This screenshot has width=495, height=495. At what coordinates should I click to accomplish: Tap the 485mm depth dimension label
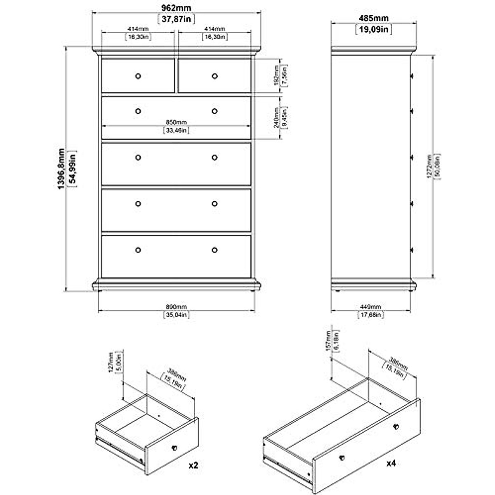[x=373, y=19]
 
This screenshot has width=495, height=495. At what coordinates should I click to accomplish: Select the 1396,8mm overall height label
[x=61, y=169]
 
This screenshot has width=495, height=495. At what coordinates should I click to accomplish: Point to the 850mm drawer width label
[x=176, y=122]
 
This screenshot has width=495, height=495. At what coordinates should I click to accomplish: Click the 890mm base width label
[x=176, y=307]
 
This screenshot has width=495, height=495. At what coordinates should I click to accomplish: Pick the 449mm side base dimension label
[x=370, y=307]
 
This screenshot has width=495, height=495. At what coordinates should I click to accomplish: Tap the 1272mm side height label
[x=429, y=166]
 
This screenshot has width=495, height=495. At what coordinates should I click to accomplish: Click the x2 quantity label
[x=193, y=465]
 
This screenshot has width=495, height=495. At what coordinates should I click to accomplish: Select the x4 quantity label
[x=391, y=463]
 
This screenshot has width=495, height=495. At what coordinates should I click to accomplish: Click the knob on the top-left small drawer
[x=138, y=76]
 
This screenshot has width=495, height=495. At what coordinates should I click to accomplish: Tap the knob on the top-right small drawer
[x=214, y=76]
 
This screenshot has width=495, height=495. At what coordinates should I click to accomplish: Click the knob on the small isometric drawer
[x=174, y=447]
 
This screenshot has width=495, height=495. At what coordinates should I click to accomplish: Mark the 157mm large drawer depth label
[x=328, y=341]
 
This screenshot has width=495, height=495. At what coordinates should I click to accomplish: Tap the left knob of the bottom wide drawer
[x=138, y=250]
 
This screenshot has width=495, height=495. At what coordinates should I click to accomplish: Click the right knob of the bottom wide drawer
[x=214, y=250]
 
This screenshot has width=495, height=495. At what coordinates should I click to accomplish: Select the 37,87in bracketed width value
[x=176, y=19]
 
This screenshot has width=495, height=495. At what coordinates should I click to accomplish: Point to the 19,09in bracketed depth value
[x=373, y=29]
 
